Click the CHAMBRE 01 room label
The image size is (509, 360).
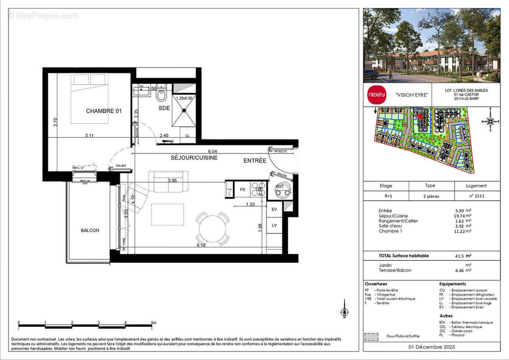coord(104,111)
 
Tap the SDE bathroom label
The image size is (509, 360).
coord(164,108)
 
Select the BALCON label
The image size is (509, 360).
coord(90,230)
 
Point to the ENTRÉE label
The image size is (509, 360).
coord(255,161)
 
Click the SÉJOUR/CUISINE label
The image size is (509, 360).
coord(194,158)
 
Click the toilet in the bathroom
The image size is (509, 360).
coord(162,96)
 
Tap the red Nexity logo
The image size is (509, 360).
coord(376,95)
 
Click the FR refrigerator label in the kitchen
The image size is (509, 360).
coord(242,190)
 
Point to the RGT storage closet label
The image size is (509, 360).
coord(280,186)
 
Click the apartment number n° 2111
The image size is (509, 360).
coord(476,196)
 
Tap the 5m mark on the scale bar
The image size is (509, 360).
coord(153,323)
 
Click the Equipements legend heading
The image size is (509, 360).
coord(452,284)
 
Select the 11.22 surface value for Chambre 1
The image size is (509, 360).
coord(462,231)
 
